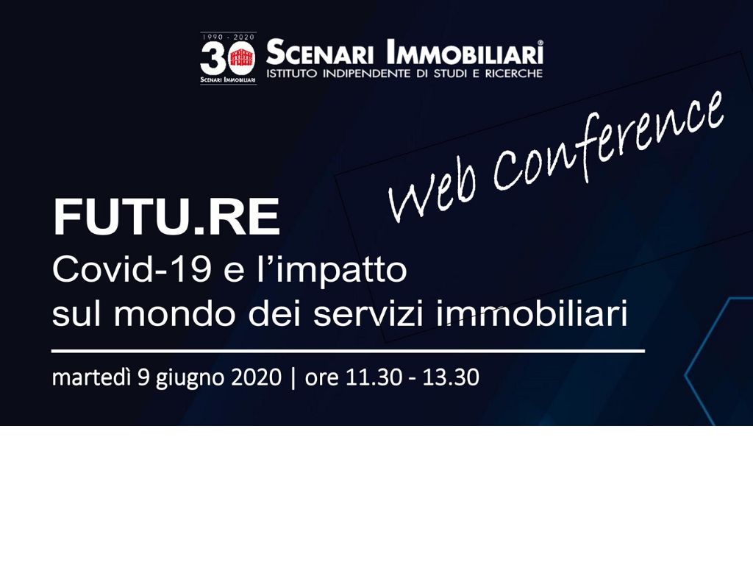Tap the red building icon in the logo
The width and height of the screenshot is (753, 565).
241,58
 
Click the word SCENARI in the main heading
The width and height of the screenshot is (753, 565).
320,52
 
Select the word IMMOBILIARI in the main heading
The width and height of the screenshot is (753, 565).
465,52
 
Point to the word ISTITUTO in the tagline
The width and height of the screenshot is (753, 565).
291,74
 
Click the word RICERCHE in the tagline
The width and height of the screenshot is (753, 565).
514,74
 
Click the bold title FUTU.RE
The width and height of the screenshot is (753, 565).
166,217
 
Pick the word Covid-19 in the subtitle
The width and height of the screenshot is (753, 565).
132,269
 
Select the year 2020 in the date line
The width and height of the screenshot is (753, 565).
257,377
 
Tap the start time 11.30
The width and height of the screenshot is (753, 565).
374,377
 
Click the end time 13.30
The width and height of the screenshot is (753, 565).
451,377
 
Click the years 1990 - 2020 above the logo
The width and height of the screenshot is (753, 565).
228,37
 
